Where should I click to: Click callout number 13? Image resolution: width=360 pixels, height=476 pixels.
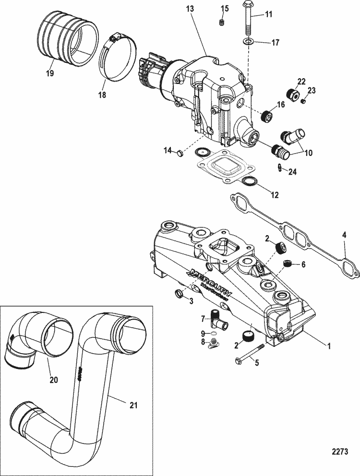click(x=190, y=9)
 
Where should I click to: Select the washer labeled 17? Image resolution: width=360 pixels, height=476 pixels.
click(x=247, y=41)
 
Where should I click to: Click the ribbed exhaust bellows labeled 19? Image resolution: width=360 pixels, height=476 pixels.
click(x=68, y=40)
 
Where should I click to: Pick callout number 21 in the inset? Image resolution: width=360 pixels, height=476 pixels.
click(x=133, y=405)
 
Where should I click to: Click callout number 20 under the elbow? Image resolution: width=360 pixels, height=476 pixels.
click(x=53, y=380)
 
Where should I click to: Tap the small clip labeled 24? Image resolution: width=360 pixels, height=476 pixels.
click(x=279, y=167)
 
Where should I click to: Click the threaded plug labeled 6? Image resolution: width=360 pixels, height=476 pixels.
click(x=287, y=264)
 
